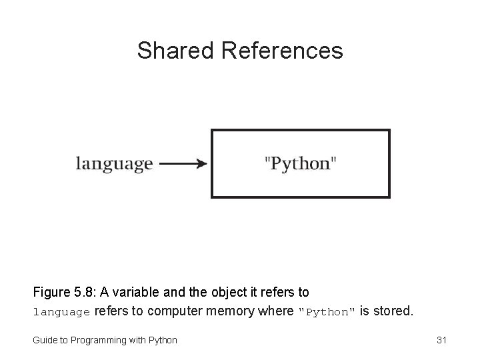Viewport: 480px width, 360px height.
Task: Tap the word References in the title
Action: pyautogui.click(x=280, y=51)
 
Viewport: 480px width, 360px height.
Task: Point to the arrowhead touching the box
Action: pyautogui.click(x=203, y=163)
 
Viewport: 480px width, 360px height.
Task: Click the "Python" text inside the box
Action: pyautogui.click(x=301, y=163)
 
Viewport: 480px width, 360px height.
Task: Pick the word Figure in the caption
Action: pyautogui.click(x=51, y=292)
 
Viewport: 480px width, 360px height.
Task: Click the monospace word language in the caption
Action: pyautogui.click(x=61, y=311)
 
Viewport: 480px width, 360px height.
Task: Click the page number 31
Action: pyautogui.click(x=441, y=340)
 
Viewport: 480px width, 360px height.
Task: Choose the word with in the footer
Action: pyautogui.click(x=139, y=340)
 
